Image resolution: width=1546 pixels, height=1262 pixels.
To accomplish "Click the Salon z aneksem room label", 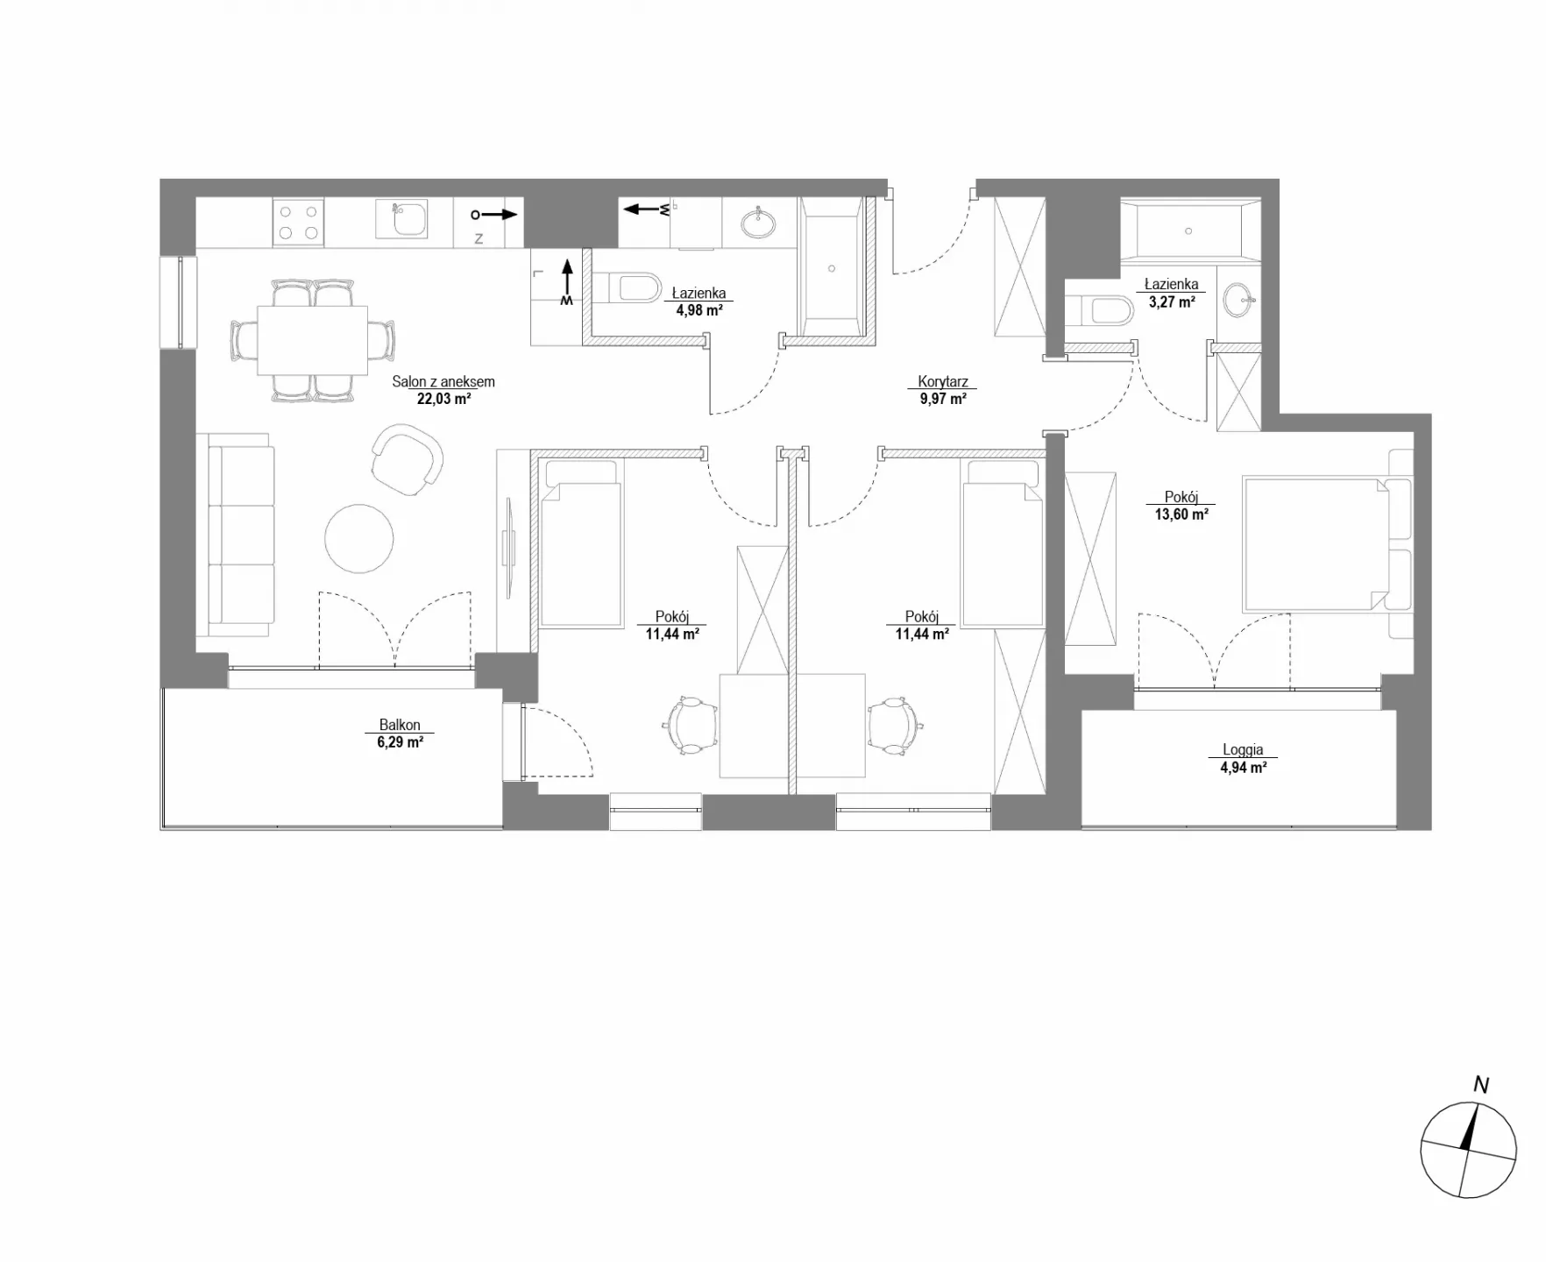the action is coord(443,382).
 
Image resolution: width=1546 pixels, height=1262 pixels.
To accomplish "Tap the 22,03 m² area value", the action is coord(443,399).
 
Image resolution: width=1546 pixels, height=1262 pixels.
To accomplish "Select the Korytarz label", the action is coord(943,382).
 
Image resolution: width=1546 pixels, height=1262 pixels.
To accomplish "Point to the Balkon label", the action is coord(400,725).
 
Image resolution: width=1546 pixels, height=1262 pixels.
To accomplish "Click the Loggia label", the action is coord(1243,750).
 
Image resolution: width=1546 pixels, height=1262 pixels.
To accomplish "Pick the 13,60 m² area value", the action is coord(1181,514).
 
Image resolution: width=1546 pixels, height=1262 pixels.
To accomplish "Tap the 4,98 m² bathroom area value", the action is coord(699,310).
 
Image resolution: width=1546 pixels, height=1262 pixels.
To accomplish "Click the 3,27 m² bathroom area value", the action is coord(1172,301).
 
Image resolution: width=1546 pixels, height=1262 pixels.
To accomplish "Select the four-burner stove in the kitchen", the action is coord(298,222).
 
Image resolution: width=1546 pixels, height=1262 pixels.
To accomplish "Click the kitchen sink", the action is coord(401,218).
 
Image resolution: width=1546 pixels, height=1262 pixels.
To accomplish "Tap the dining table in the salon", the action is coord(312,340).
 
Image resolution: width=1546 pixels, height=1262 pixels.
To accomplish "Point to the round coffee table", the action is coord(358,538).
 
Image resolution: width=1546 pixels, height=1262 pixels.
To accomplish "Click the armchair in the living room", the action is coord(407,459).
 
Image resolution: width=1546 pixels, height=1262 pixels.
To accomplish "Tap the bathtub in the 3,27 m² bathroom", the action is coord(1189,231).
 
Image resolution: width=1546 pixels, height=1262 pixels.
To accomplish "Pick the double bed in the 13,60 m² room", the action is coord(1315,544).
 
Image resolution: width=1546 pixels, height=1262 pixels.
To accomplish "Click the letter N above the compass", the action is coord(1481,1085).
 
